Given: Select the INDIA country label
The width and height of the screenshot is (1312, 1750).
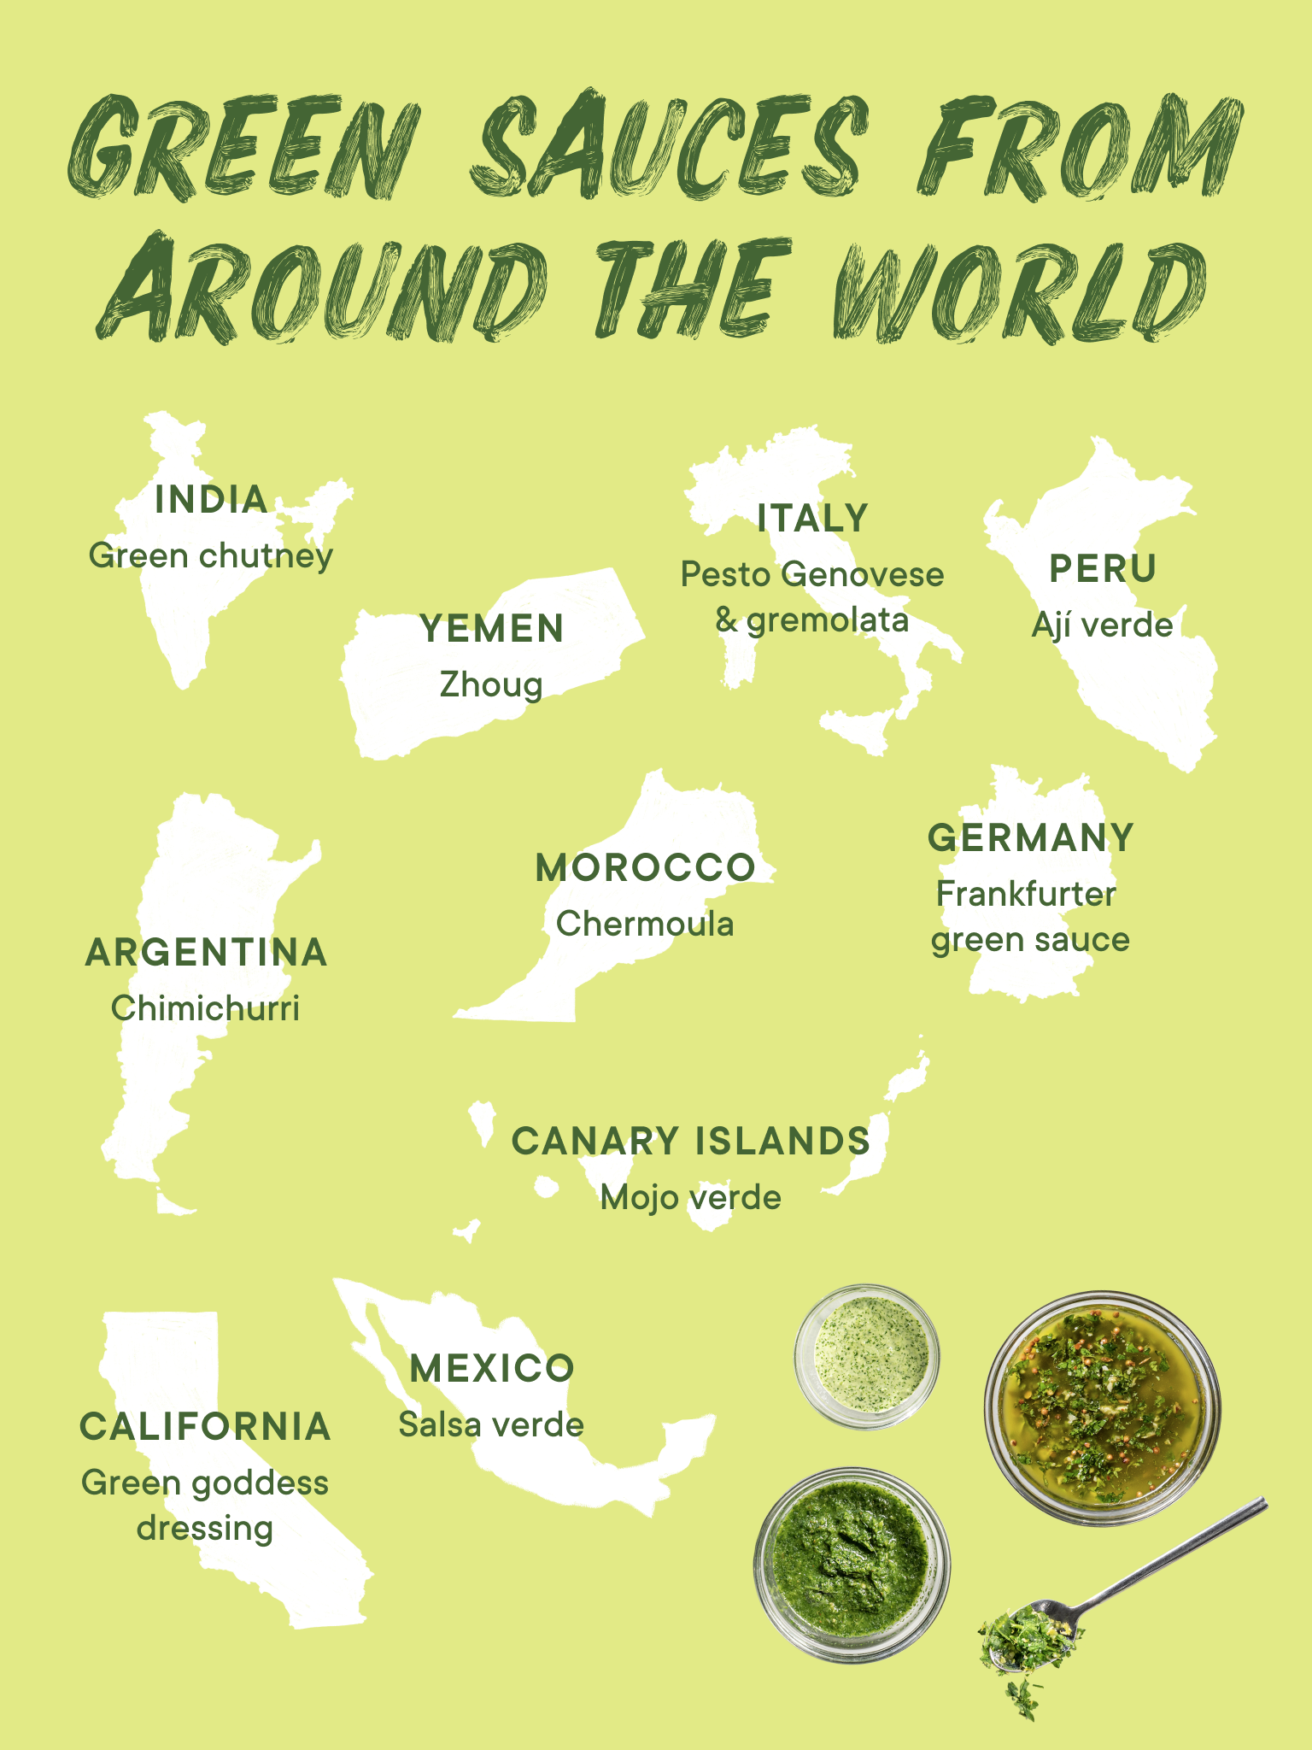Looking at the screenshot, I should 211,500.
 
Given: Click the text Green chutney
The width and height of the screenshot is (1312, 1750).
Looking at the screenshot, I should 211,556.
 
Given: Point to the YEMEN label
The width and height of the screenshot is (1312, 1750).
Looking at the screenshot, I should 492,629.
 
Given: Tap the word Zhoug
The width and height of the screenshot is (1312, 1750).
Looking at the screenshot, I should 491,685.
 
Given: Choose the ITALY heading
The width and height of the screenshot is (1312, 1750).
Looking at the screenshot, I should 812,519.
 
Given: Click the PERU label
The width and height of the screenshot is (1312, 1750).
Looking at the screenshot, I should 1102,569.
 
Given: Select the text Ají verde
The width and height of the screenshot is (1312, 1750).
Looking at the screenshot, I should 1102,625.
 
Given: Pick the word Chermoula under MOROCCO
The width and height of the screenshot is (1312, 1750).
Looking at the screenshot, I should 645,924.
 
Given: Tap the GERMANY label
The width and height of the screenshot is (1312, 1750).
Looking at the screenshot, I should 1031,837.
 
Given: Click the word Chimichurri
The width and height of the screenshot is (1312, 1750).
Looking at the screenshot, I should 205,1008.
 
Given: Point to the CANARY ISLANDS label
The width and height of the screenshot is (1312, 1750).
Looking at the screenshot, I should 690,1142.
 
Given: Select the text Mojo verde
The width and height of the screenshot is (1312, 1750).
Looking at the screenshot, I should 690,1197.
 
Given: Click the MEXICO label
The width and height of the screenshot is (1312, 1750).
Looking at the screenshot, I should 492,1369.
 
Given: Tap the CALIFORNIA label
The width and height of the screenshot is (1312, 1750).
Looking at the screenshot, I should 205,1427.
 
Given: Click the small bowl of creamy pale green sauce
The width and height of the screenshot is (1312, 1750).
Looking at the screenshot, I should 868,1356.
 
